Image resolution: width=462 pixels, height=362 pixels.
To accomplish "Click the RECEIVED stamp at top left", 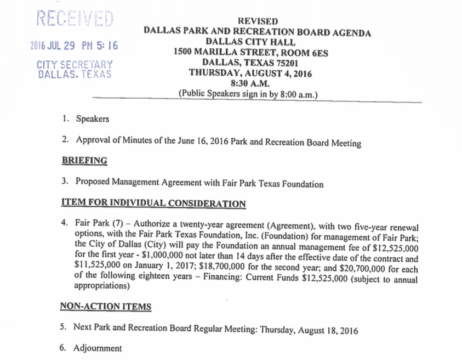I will (75, 19).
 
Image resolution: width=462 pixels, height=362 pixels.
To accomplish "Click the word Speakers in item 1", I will (93, 119).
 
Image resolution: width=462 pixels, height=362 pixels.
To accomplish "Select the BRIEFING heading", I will (84, 161).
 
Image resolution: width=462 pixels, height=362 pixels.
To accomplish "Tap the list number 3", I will (64, 180).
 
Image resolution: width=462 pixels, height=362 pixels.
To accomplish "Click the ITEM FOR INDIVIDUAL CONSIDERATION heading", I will (153, 203).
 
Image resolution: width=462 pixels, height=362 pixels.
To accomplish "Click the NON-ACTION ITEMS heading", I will (105, 307).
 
